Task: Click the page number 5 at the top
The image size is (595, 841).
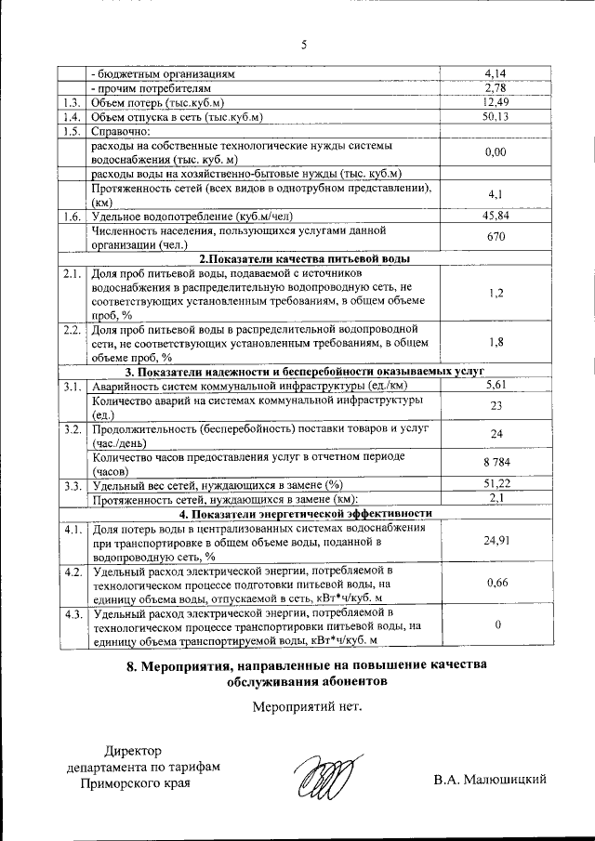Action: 303,44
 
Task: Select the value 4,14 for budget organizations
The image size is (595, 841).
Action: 495,72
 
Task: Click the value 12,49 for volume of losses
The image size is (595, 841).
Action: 495,101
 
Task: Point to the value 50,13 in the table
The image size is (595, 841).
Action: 495,116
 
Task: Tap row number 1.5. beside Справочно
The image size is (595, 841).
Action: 70,131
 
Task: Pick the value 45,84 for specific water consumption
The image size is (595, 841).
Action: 495,217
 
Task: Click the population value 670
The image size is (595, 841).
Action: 495,238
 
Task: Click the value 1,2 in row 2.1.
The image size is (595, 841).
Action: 495,294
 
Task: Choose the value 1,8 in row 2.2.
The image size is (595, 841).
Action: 495,343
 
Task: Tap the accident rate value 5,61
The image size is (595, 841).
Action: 495,386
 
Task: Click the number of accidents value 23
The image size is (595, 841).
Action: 495,406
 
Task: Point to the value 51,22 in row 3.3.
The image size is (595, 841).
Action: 495,484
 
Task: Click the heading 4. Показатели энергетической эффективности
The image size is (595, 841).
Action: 306,513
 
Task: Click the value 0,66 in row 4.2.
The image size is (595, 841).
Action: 495,584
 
